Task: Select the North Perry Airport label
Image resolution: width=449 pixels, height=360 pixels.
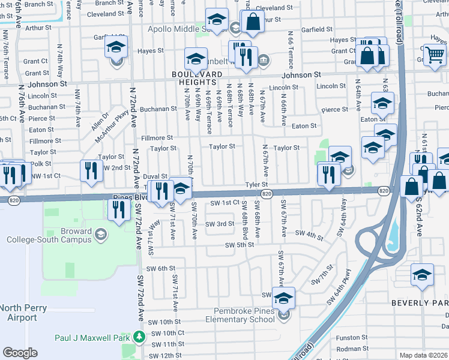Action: pos(19,313)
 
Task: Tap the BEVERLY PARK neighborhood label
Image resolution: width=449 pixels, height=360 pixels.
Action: pos(420,303)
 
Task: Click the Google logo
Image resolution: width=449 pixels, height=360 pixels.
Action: pos(20,352)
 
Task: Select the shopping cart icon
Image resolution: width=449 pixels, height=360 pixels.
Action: pos(435,55)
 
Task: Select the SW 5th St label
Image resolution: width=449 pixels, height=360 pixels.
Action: pos(240,245)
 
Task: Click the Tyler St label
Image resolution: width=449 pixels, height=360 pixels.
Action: pos(256,185)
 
